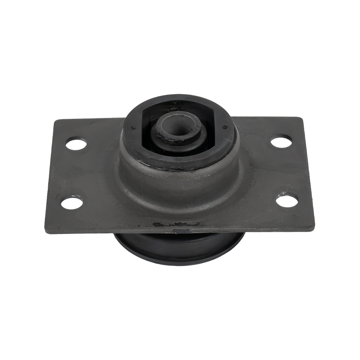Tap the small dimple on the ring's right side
pyautogui.click(x=225, y=129)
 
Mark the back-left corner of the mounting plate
pyautogui.click(x=55, y=121)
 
